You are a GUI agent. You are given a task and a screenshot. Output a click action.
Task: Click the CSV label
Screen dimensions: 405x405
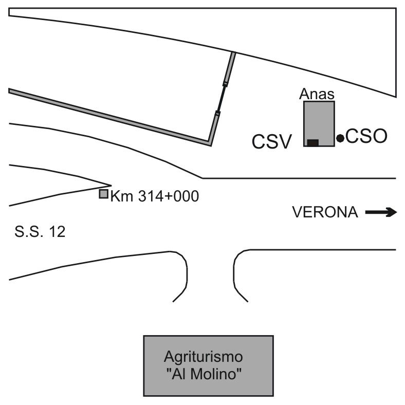[272, 141]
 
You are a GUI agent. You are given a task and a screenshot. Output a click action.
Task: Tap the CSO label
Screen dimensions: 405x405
[365, 137]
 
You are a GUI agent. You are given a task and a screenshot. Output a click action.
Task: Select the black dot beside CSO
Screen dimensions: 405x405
[340, 138]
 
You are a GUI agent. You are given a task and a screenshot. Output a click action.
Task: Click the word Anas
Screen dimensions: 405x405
[317, 95]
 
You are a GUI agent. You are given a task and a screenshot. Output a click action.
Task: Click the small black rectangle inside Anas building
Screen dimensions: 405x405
[312, 142]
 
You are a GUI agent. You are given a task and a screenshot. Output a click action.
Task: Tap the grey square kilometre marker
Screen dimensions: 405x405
[103, 194]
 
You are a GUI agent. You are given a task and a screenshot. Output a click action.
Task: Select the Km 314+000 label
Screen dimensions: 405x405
[154, 196]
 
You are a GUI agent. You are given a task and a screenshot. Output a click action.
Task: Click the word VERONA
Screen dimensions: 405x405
[325, 212]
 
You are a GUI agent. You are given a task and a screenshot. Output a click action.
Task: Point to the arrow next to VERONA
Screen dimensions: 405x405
[381, 212]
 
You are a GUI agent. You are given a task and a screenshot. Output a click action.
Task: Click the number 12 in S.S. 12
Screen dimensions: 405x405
[57, 232]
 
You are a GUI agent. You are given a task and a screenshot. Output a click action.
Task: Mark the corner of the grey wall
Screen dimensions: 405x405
[210, 143]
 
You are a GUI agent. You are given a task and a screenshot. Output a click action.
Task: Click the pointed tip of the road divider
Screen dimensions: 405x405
[111, 185]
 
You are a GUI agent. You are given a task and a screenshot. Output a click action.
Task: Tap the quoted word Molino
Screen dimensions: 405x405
[214, 373]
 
